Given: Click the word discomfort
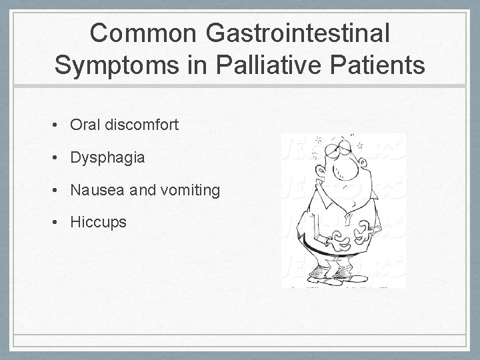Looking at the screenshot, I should (141, 125).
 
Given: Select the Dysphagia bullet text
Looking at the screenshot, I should (107, 158).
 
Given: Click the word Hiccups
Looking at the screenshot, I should (98, 222).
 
